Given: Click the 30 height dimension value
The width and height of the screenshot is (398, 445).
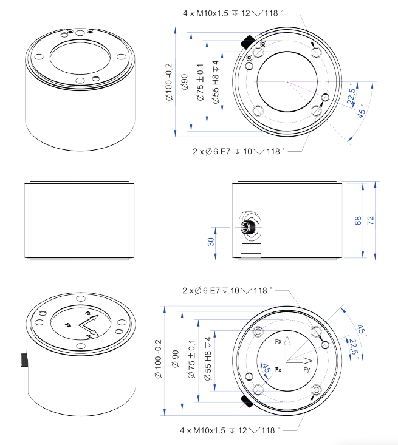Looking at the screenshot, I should coord(210,242).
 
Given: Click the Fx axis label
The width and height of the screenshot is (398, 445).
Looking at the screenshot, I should coord(278,342).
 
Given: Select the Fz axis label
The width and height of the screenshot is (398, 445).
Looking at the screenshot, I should coord(278,369).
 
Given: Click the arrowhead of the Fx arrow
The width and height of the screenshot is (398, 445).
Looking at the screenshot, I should coord(289,339).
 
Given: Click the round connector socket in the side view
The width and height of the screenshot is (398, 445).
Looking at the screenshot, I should coord(249,229).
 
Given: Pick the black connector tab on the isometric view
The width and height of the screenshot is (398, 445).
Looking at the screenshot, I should coord(24,359).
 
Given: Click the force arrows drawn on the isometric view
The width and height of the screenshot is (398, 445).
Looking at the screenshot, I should coord(89,327).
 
